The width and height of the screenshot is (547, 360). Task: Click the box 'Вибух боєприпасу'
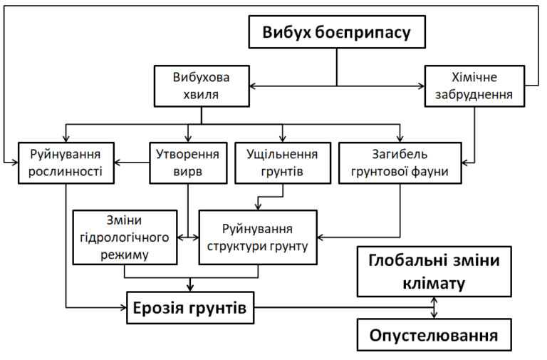coord(336,33)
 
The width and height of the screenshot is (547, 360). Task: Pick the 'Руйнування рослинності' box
coord(66,163)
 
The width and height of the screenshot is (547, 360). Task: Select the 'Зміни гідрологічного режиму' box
coord(125,236)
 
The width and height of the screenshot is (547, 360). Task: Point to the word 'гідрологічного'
coord(125,237)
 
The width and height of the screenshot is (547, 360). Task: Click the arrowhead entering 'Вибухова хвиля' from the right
coord(254,86)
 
